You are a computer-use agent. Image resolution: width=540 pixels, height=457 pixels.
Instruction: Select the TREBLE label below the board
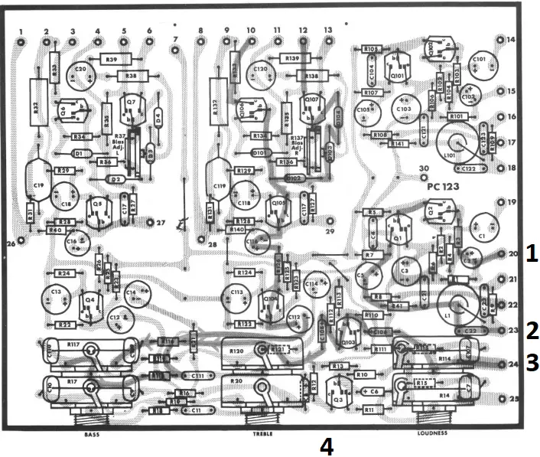[x=262, y=433]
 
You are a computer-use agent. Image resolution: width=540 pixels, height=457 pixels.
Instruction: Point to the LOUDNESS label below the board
[x=432, y=433]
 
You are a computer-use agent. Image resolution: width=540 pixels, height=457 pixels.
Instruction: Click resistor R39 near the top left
[x=112, y=59]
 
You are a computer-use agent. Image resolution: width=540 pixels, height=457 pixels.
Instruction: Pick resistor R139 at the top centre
[x=291, y=58]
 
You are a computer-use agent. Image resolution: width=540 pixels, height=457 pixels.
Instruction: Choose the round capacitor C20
[x=80, y=73]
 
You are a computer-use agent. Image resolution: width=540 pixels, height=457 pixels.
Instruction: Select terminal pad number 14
[x=501, y=39]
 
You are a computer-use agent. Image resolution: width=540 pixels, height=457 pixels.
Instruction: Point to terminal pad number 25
[x=502, y=399]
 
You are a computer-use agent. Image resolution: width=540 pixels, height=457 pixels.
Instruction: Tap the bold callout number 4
[x=327, y=446]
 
